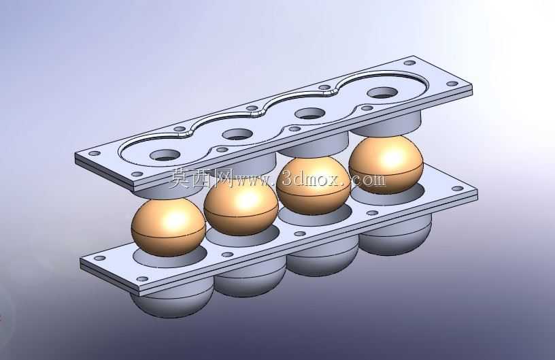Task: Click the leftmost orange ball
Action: pos(168,227)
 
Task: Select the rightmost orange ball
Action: pos(386,164)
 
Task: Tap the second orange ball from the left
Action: pos(241,206)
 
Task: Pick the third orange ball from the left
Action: pos(314,185)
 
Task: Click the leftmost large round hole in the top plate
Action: pos(165,155)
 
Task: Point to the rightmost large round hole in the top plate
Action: pos(382,93)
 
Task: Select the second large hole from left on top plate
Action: pos(237,135)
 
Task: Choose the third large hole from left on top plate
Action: pos(309,114)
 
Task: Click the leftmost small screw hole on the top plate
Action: pos(95,154)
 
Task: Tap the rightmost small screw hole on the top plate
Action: pos(452,84)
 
